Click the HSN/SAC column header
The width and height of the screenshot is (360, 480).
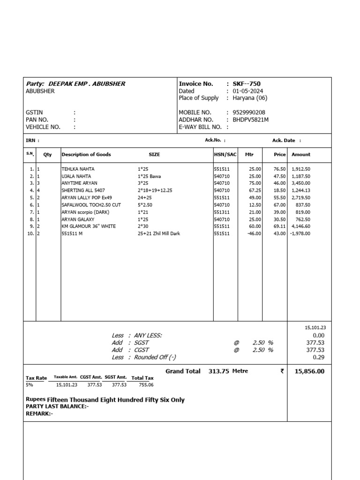click(x=225, y=154)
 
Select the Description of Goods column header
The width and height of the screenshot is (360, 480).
click(x=86, y=154)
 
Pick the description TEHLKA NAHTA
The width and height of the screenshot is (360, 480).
click(x=78, y=169)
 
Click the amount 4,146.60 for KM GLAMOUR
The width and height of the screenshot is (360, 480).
click(x=300, y=226)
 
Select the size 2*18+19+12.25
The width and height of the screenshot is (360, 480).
click(x=155, y=190)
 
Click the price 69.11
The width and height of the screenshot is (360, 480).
click(x=279, y=226)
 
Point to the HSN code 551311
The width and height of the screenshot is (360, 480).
click(x=222, y=212)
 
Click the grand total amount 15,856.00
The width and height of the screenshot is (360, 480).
click(x=309, y=371)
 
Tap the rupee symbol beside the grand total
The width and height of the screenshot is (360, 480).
click(x=282, y=371)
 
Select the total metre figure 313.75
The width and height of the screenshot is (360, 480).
click(x=218, y=371)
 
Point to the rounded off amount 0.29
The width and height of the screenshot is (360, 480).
click(x=318, y=357)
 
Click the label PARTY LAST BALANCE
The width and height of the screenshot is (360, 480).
click(x=57, y=406)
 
